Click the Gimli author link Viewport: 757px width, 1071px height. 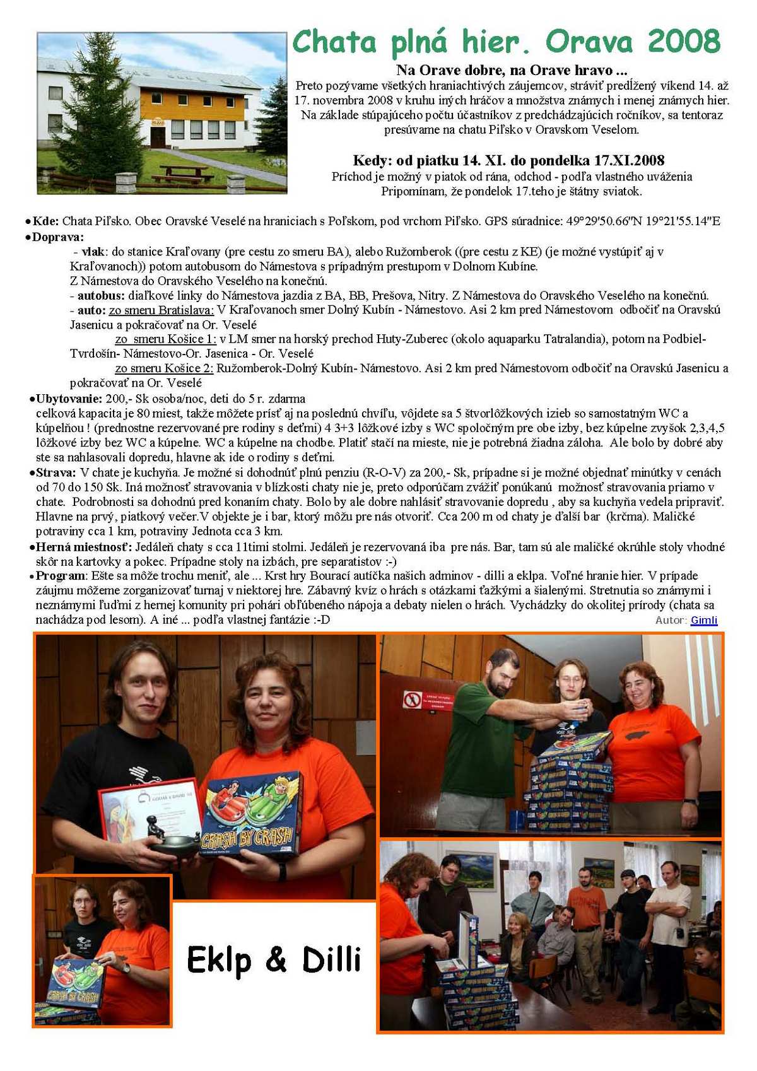tap(703, 620)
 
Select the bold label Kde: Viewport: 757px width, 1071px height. tap(46, 221)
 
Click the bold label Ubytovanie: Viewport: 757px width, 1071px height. tap(69, 399)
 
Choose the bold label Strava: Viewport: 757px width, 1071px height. tap(56, 472)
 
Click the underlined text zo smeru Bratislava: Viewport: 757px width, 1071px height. tap(161, 310)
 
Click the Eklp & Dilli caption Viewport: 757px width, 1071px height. tap(274, 960)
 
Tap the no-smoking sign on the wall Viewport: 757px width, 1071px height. tap(412, 699)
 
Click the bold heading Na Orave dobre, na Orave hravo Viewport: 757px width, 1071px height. tap(512, 70)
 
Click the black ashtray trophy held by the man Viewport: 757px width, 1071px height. tap(174, 843)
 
